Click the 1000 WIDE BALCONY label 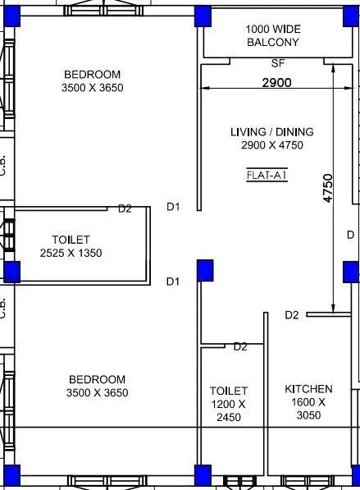(272, 35)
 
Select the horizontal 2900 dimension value (276, 82)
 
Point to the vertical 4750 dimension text (327, 188)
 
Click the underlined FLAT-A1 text (266, 175)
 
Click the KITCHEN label (308, 388)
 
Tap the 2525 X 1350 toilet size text (71, 253)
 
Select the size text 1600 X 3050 (308, 408)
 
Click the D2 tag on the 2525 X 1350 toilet (125, 208)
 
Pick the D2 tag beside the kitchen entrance (291, 315)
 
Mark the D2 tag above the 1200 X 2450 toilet (239, 346)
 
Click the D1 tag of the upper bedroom (173, 207)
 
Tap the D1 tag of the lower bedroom (173, 282)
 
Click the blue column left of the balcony (203, 16)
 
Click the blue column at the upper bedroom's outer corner (11, 16)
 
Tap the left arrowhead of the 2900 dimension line (204, 89)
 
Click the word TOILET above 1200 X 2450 (228, 391)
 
